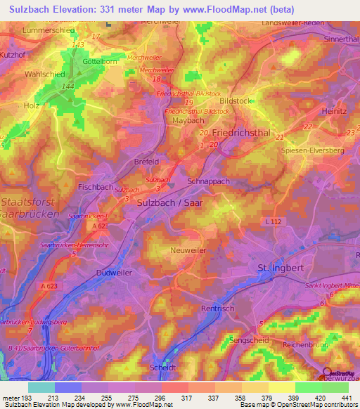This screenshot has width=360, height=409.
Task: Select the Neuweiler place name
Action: (189, 249)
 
